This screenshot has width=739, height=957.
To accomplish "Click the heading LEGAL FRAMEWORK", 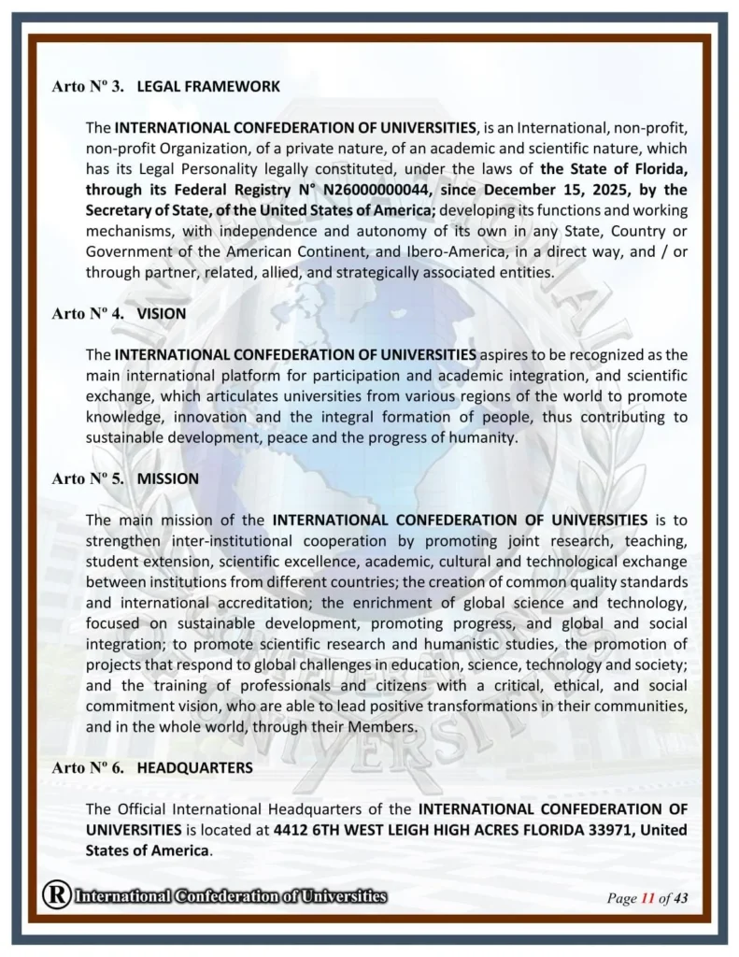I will [x=208, y=86].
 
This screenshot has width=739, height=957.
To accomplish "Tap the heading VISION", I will [x=162, y=314].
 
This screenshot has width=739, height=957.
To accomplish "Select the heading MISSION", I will [x=168, y=478].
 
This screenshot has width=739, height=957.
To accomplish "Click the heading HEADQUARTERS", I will [x=194, y=766].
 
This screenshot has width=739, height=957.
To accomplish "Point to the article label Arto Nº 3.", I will [x=87, y=86].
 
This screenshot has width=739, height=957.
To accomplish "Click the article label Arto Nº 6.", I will [x=87, y=766].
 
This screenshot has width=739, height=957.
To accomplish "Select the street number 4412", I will [x=292, y=829].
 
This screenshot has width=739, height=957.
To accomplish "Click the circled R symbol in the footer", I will [x=56, y=895].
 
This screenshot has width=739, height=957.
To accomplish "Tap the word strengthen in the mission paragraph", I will [x=123, y=540].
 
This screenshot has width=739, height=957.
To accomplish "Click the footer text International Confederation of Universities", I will [x=230, y=896].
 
